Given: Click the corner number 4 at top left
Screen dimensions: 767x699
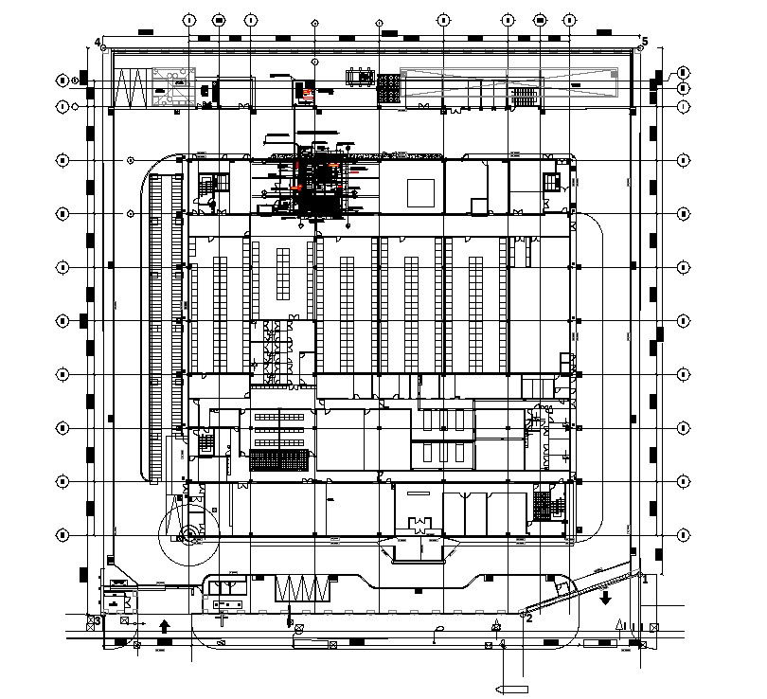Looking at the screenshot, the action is click(98, 42).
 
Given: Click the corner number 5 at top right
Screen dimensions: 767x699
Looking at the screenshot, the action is click(645, 42).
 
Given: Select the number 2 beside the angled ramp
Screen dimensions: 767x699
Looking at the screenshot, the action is click(529, 618).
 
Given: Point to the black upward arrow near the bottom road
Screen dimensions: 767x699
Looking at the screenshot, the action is click(164, 625).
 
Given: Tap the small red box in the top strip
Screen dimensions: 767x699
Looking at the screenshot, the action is click(307, 92).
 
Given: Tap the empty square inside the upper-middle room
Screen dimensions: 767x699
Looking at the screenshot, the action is click(419, 190).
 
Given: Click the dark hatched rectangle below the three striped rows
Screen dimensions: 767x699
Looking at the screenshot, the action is click(278, 461).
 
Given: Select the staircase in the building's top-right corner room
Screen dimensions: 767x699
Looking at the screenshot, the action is click(551, 183).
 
